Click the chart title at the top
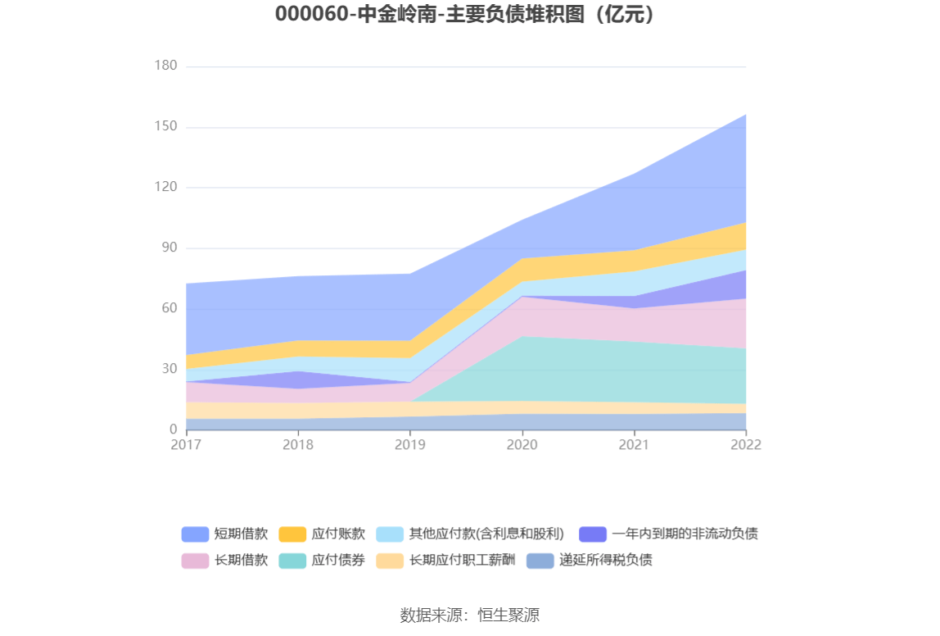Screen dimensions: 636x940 pos(469,16)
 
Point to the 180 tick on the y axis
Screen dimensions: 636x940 pos(165,66)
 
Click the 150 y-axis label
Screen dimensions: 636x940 pos(165,127)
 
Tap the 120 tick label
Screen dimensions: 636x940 pos(165,187)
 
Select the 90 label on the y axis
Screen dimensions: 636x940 pos(168,248)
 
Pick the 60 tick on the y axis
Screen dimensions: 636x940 pos(168,308)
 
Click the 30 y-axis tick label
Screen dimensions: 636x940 pos(168,369)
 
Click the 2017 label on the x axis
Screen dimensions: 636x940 pos(186,444)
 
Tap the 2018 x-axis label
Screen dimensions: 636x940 pos(298,444)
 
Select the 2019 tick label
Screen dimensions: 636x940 pos(410,444)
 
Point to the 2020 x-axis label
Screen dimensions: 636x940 pos(522,444)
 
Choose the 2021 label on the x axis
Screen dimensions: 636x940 pos(634,444)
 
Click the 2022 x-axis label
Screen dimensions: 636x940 pos(746,444)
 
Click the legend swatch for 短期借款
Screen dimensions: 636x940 pos(195,534)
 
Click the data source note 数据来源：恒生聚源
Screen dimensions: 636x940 pos(469,615)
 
